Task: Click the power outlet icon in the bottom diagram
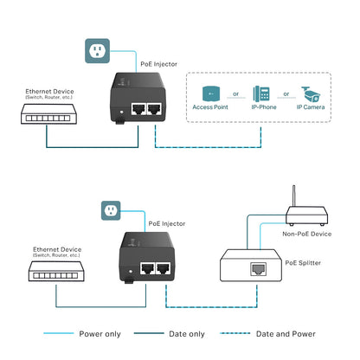(110, 209)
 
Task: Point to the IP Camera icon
(310, 94)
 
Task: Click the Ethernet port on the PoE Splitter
(257, 269)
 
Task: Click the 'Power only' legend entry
(95, 332)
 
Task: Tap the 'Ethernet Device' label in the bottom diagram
(55, 247)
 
